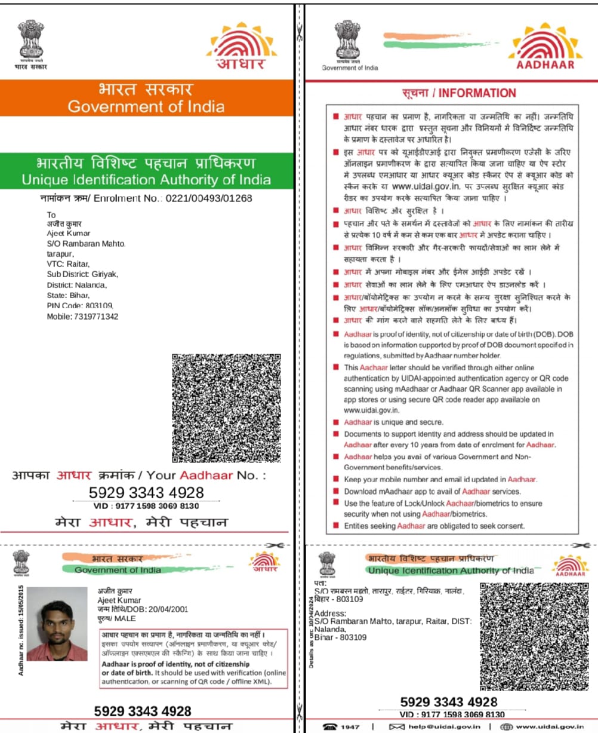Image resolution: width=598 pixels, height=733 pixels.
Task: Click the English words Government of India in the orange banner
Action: click(x=146, y=107)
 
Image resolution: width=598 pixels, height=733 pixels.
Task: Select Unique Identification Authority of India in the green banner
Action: click(x=146, y=179)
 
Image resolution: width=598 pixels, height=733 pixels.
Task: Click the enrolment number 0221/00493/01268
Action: click(x=208, y=198)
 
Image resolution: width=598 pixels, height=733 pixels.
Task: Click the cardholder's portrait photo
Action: click(x=57, y=623)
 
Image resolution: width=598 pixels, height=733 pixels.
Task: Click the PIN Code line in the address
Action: click(x=80, y=305)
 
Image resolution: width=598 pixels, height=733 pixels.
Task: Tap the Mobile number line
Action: click(x=82, y=316)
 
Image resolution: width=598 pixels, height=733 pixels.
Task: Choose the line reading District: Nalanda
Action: click(x=77, y=285)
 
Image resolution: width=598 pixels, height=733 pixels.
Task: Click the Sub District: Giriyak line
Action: click(x=83, y=274)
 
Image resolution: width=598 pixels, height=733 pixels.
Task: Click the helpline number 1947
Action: click(x=350, y=726)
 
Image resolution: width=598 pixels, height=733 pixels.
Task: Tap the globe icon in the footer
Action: click(x=506, y=726)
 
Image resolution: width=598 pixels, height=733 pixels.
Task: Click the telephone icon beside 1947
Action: click(x=329, y=726)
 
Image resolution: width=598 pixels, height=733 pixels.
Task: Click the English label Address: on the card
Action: click(x=330, y=614)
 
